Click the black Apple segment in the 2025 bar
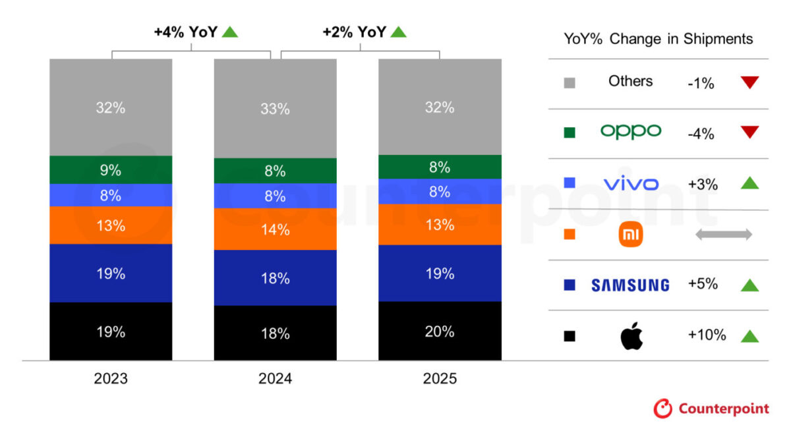pyautogui.click(x=440, y=331)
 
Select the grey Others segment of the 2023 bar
pyautogui.click(x=111, y=107)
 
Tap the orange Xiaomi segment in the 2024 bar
pyautogui.click(x=275, y=229)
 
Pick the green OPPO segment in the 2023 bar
pyautogui.click(x=111, y=170)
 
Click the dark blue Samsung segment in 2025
pyautogui.click(x=440, y=273)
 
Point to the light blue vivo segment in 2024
pyautogui.click(x=275, y=196)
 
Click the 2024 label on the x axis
pyautogui.click(x=275, y=379)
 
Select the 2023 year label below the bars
pyautogui.click(x=111, y=379)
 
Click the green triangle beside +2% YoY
pyautogui.click(x=399, y=31)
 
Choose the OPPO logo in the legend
pyautogui.click(x=630, y=131)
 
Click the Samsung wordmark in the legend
pyautogui.click(x=630, y=285)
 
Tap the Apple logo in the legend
pyautogui.click(x=631, y=335)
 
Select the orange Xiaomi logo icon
pyautogui.click(x=631, y=235)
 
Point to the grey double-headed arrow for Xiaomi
pyautogui.click(x=723, y=235)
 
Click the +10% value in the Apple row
pyautogui.click(x=707, y=335)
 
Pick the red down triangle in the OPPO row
pyautogui.click(x=749, y=132)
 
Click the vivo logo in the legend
pyautogui.click(x=630, y=184)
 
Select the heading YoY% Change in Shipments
pyautogui.click(x=658, y=39)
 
